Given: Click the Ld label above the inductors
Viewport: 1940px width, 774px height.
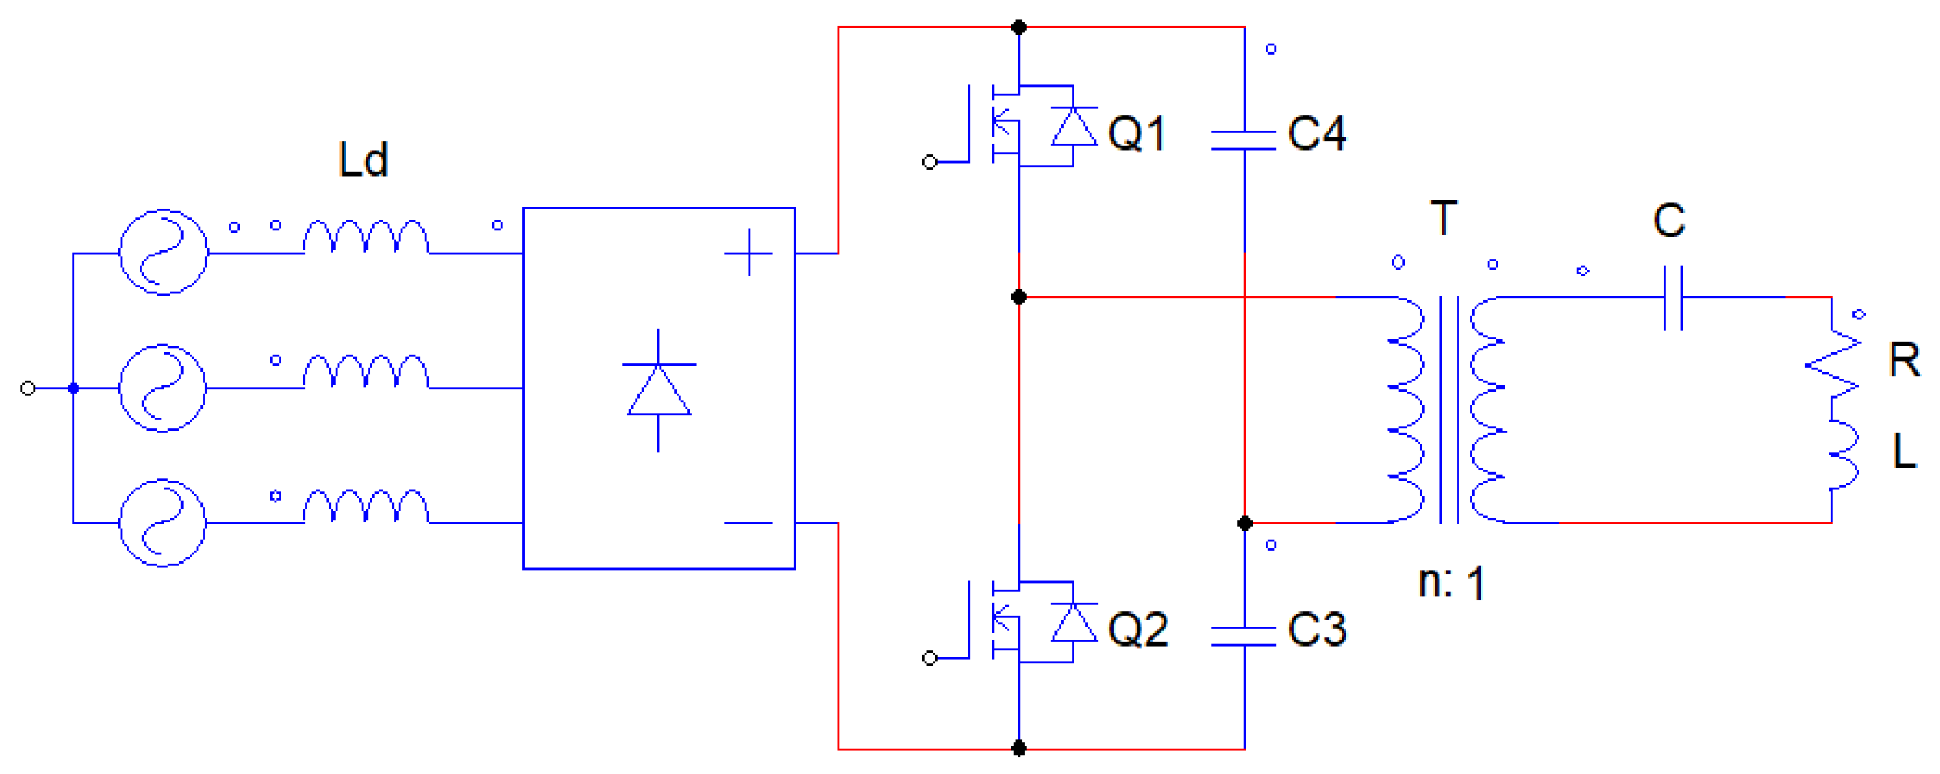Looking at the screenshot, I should coord(363,160).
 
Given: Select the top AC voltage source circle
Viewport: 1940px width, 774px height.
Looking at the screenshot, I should coord(163,252).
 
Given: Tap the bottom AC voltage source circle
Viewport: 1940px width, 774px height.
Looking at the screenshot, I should coord(163,524).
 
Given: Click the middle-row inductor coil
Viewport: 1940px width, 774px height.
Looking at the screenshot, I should coord(366,372).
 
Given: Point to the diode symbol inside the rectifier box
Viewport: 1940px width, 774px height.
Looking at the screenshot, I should coord(658,390).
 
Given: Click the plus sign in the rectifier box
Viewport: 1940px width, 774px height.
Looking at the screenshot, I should coord(748,253).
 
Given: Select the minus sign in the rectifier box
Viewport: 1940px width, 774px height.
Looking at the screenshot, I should coord(748,524).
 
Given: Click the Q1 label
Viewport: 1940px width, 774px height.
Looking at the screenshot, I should coord(1137,133).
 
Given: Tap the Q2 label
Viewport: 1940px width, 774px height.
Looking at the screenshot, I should coord(1137,630).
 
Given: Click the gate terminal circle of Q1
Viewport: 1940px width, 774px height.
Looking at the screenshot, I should coord(929,162).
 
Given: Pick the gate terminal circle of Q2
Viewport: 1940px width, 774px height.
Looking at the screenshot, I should coord(929,658).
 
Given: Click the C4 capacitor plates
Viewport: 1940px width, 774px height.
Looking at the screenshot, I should coord(1244,140).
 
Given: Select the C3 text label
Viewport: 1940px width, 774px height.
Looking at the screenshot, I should coord(1316,630).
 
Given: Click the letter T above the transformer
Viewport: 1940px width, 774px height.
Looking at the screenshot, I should coord(1444,218).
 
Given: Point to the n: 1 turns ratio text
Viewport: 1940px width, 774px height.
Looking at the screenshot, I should coord(1451,583).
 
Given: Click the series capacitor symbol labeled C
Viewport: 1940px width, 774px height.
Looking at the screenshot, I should coord(1673,297).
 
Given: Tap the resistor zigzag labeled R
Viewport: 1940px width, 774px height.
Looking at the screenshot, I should coord(1833,365).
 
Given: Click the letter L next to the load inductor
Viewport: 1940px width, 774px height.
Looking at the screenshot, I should coord(1904,451).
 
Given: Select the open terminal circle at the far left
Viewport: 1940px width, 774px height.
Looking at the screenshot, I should coord(28,389).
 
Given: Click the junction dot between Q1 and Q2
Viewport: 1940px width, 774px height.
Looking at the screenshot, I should coord(1018,297).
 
